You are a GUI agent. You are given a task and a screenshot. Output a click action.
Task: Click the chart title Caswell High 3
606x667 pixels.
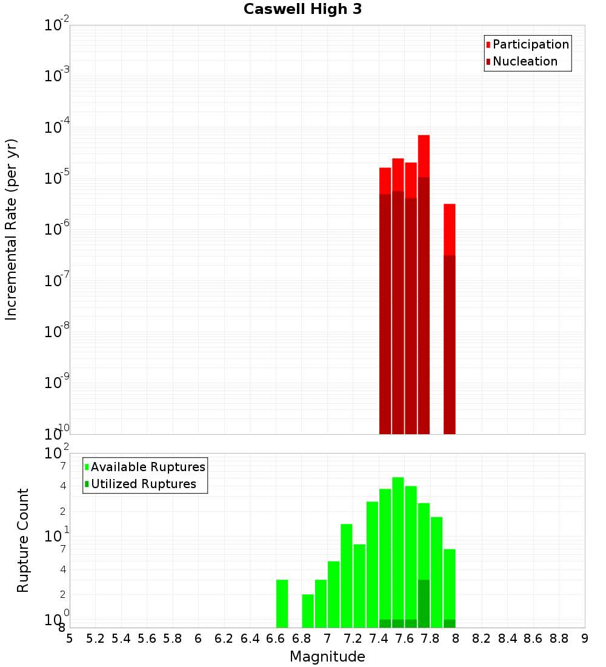point(302,10)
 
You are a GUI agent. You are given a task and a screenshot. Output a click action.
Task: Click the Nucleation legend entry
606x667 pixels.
point(525,61)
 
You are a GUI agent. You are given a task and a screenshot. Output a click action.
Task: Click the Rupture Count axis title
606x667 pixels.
point(23,540)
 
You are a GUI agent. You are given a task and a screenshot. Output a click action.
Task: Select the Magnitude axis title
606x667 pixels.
point(327,657)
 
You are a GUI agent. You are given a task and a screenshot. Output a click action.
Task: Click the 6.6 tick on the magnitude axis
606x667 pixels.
point(276,639)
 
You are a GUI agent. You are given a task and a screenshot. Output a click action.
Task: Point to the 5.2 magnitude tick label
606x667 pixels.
point(96,639)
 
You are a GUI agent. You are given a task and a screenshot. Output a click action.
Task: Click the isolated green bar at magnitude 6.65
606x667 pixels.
point(282,603)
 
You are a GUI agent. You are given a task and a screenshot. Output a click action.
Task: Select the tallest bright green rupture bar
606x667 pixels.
point(398,546)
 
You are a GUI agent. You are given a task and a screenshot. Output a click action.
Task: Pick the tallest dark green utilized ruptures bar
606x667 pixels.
point(424,603)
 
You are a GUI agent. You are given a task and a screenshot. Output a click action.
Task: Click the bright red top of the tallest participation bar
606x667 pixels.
point(424,155)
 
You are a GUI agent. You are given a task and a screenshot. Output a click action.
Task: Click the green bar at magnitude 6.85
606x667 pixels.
point(308,611)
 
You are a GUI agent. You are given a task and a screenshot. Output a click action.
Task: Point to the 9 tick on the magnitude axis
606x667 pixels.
point(584,639)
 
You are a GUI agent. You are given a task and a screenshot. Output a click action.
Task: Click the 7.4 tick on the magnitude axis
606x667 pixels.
point(379,639)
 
